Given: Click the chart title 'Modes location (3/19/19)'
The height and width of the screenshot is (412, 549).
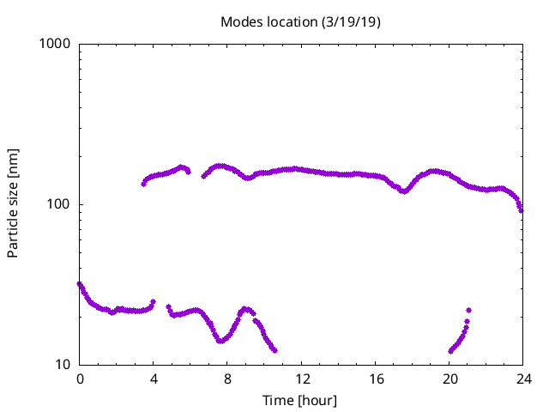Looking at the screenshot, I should pyautogui.click(x=300, y=21).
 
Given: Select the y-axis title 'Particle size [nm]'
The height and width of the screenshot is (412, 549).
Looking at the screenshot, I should pyautogui.click(x=13, y=204).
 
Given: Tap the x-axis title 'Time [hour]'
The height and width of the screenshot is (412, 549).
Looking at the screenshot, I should pyautogui.click(x=300, y=401).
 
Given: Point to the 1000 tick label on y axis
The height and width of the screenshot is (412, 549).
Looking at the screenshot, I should pyautogui.click(x=56, y=44).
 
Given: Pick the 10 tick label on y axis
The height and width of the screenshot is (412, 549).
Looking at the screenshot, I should pyautogui.click(x=63, y=365).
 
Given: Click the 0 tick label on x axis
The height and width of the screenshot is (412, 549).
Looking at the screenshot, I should pyautogui.click(x=80, y=379).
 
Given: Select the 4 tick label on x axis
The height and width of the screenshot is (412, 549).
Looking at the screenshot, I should pyautogui.click(x=154, y=379).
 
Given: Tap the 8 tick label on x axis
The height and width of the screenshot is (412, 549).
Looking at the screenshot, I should pyautogui.click(x=227, y=379).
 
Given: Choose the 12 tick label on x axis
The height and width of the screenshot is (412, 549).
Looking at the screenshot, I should pyautogui.click(x=301, y=379).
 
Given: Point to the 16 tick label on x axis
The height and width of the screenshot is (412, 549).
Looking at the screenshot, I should pyautogui.click(x=375, y=379).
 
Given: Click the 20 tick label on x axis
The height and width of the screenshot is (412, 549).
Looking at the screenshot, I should pyautogui.click(x=449, y=379).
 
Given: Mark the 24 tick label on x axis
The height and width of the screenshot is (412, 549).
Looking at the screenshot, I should pyautogui.click(x=522, y=379).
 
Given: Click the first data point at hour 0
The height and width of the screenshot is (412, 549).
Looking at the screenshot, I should pyautogui.click(x=80, y=284).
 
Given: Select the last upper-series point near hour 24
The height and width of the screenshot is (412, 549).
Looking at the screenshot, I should pyautogui.click(x=521, y=209).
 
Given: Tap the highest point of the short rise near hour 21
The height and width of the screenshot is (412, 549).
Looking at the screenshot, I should pyautogui.click(x=468, y=310).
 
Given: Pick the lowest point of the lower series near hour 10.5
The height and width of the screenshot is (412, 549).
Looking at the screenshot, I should pyautogui.click(x=274, y=350).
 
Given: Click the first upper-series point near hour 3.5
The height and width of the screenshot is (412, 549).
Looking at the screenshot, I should pyautogui.click(x=144, y=184).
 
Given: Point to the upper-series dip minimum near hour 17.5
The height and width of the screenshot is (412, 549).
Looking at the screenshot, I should pyautogui.click(x=403, y=191).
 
